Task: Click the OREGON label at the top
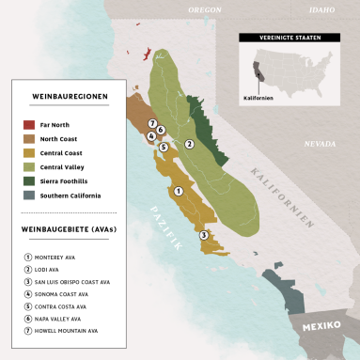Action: [204, 9]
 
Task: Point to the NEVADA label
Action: [320, 144]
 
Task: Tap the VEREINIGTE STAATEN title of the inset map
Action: [287, 39]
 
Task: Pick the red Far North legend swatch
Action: [30, 124]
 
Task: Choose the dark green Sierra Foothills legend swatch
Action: [30, 181]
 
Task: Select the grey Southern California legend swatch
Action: [30, 196]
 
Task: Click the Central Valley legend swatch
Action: [30, 167]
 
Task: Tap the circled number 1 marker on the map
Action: [179, 192]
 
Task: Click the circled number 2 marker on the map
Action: [189, 144]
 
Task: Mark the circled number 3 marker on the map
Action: [204, 235]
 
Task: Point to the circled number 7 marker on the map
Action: [152, 124]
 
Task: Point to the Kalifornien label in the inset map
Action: [258, 96]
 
